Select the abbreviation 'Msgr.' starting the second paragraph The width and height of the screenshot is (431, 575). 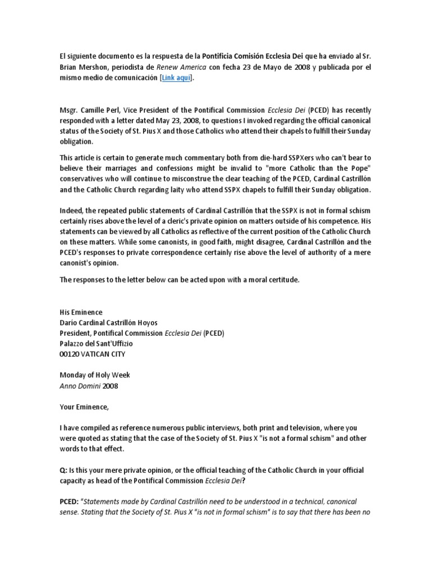pyautogui.click(x=69, y=110)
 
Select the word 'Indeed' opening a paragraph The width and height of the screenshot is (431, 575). pyautogui.click(x=71, y=211)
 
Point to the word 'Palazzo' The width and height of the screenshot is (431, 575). pyautogui.click(x=74, y=344)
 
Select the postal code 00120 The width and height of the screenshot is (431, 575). pyautogui.click(x=70, y=354)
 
